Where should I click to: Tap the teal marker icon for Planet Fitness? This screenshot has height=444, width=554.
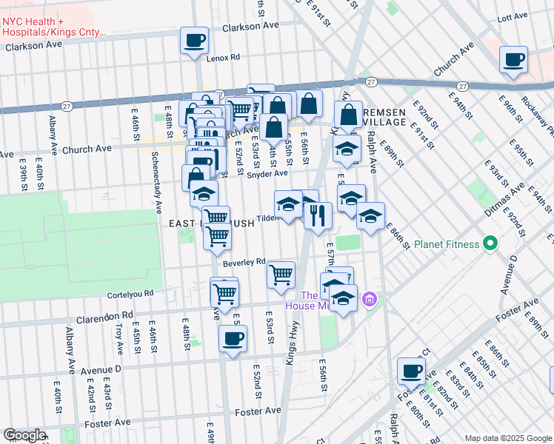[490, 243]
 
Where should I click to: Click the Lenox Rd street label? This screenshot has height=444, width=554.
[224, 57]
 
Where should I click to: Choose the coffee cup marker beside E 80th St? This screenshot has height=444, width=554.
[411, 371]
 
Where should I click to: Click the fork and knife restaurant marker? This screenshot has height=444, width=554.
[318, 215]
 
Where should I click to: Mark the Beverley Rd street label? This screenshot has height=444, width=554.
[244, 263]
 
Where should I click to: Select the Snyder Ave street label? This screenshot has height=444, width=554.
[270, 174]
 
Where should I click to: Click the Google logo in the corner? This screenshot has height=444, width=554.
[25, 435]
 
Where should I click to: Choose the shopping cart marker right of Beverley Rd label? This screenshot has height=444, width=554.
[281, 275]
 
